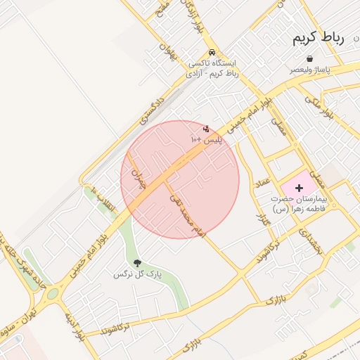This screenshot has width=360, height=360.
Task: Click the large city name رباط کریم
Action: coord(319,38)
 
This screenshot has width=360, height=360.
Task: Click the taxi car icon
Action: coord(212,53)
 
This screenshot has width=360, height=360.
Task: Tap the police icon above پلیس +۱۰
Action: coord(206,129)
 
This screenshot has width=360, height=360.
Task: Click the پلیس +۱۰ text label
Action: coord(206,141)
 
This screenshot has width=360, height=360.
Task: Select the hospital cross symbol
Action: coord(300,188)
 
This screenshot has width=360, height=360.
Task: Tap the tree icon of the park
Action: coord(136,263)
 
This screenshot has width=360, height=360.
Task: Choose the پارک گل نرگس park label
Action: coord(138,274)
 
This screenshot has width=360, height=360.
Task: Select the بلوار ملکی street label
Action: coord(324,105)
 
